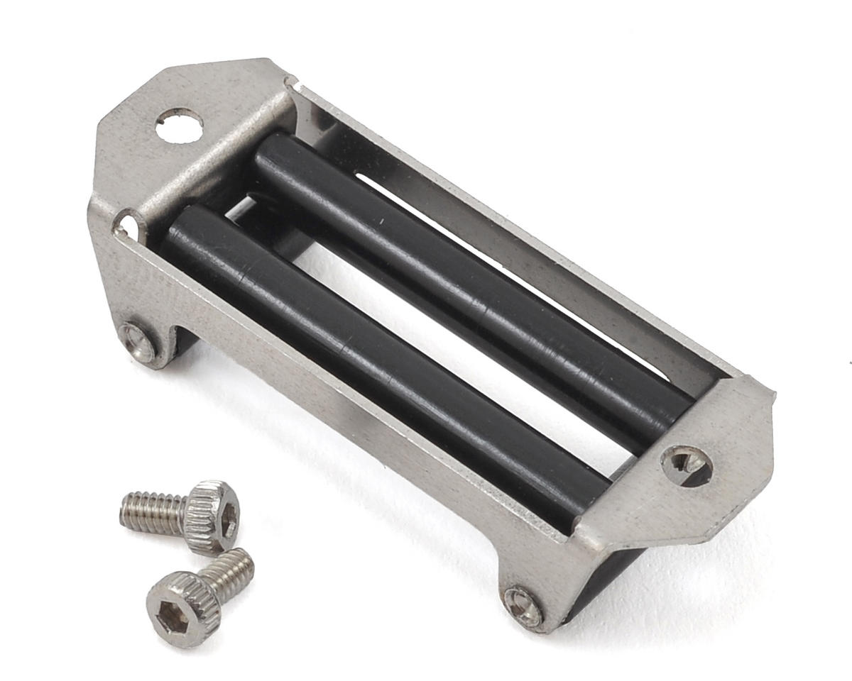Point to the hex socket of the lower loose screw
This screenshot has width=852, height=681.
(x=171, y=619)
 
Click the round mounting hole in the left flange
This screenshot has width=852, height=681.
(x=179, y=126)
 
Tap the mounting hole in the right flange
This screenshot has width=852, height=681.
(x=686, y=463)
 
